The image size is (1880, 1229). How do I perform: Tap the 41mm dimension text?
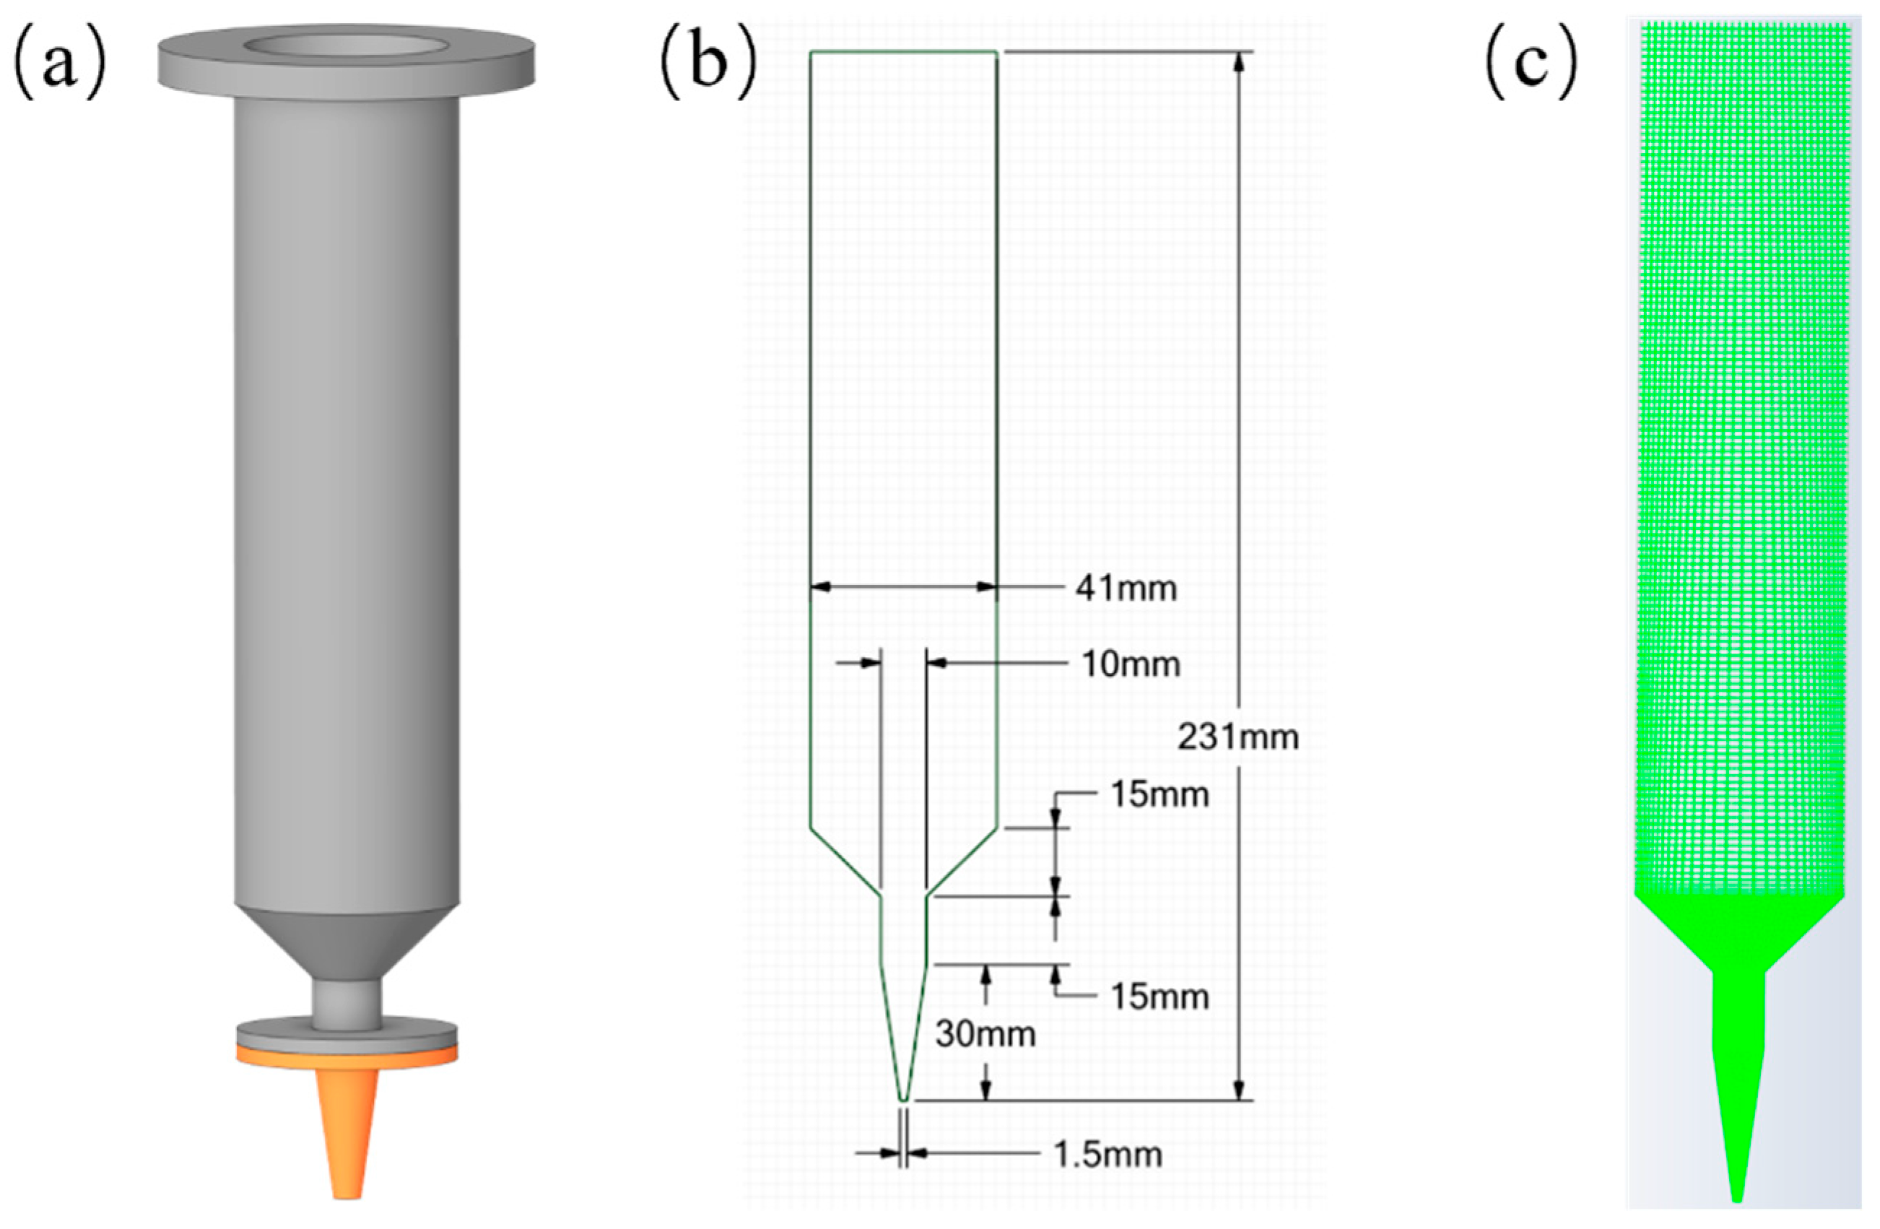pyautogui.click(x=1126, y=589)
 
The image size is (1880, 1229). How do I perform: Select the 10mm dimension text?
pyautogui.click(x=1131, y=665)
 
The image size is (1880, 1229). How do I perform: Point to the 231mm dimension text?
pyautogui.click(x=1237, y=738)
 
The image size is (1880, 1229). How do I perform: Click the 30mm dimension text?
pyautogui.click(x=985, y=1033)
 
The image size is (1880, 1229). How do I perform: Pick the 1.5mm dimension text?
pyautogui.click(x=1108, y=1155)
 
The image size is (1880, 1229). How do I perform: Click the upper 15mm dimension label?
pyautogui.click(x=1159, y=794)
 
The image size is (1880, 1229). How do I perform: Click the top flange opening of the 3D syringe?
pyautogui.click(x=345, y=45)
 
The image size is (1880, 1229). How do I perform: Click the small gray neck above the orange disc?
pyautogui.click(x=346, y=1003)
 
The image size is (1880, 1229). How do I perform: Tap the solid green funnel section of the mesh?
pyautogui.click(x=1738, y=932)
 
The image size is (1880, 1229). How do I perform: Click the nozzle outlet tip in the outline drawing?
pyautogui.click(x=904, y=1098)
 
